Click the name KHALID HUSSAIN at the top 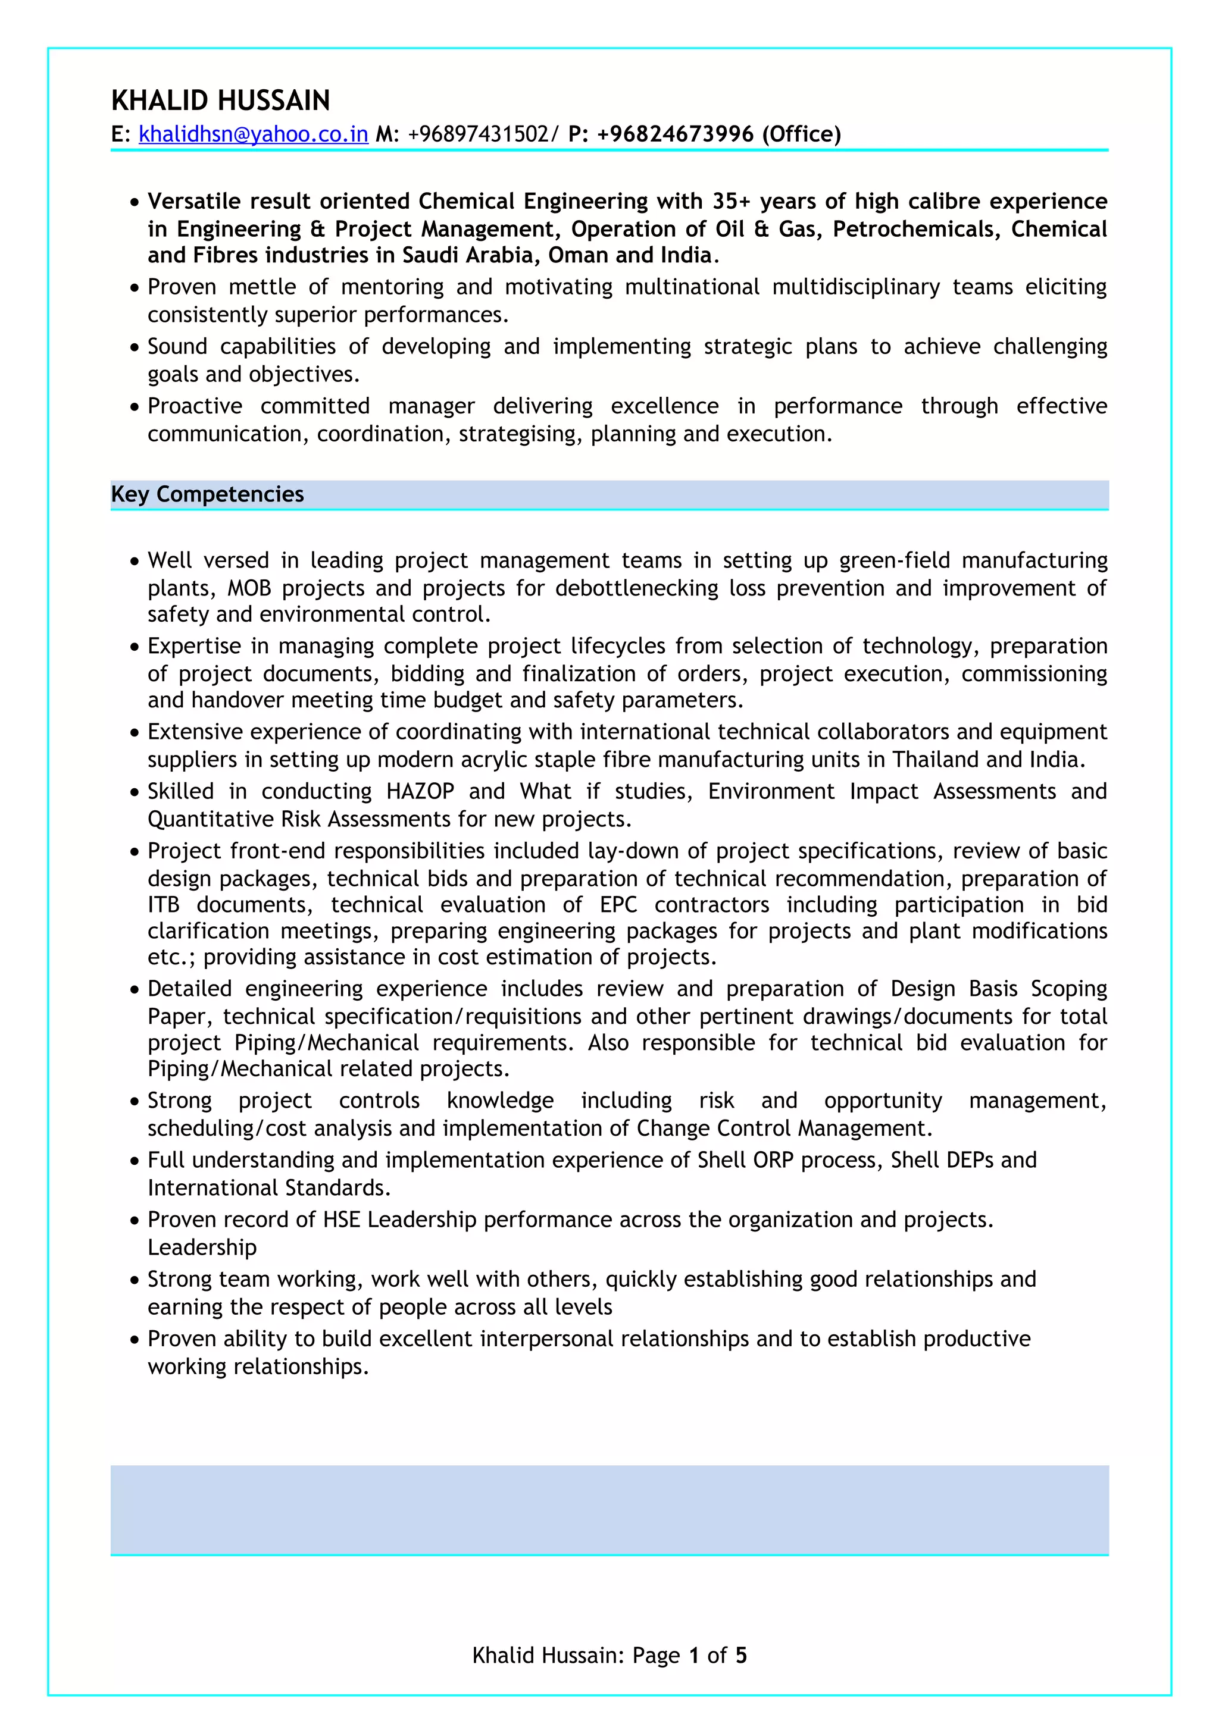point(220,101)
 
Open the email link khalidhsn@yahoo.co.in point(253,134)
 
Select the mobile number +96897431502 point(479,134)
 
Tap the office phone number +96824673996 point(674,134)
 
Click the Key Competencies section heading point(207,494)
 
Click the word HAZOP point(420,791)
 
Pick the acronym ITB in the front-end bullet point(163,905)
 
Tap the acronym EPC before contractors point(618,905)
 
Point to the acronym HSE point(342,1220)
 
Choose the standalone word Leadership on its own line point(202,1247)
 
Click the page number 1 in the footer point(693,1656)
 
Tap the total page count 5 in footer point(740,1656)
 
